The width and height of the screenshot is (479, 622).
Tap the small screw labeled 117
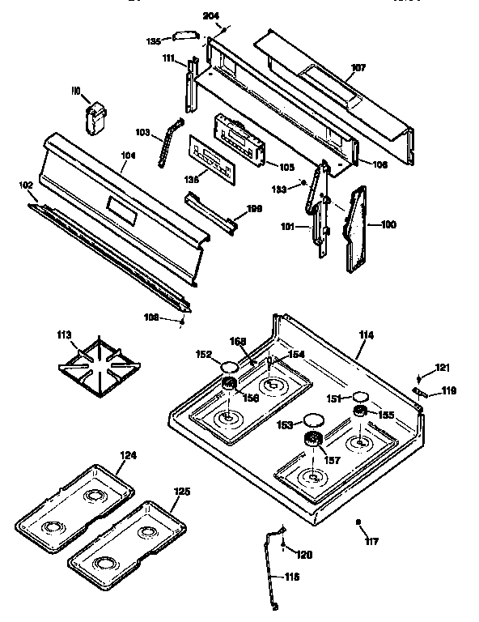[358, 523]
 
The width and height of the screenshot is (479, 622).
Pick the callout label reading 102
[25, 185]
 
